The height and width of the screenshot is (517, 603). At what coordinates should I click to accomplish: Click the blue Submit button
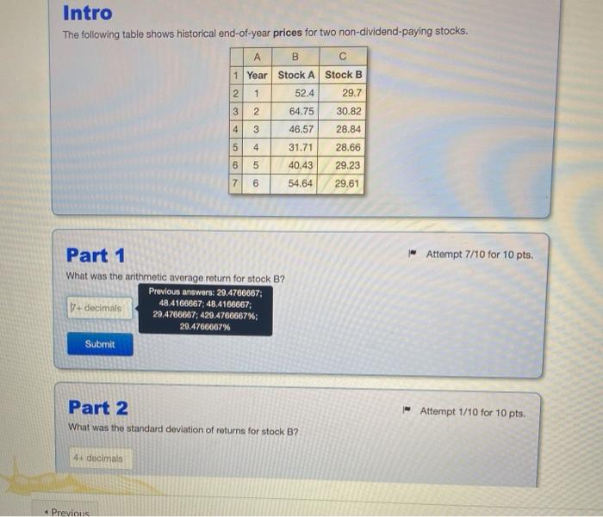point(100,344)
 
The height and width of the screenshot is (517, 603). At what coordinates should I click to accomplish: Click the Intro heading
point(88,13)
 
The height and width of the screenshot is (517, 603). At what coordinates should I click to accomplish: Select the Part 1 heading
point(96,255)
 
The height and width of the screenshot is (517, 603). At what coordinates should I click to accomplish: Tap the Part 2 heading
point(98,408)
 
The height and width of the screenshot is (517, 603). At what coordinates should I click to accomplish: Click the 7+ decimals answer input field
point(99,308)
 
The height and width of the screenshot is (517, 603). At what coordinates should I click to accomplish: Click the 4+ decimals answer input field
point(101,459)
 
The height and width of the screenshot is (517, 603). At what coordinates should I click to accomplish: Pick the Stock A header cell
point(295,75)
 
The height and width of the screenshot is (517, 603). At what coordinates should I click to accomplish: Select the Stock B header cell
point(343,75)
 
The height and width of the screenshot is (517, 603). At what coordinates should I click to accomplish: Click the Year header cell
point(257,76)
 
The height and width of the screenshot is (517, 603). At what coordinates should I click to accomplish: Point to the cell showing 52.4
point(295,93)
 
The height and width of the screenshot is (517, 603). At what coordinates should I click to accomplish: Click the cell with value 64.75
point(295,111)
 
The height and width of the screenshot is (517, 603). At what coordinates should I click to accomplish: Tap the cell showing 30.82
point(342,111)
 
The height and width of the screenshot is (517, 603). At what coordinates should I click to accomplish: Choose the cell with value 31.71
point(295,147)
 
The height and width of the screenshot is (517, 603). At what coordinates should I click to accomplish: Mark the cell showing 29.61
point(340,183)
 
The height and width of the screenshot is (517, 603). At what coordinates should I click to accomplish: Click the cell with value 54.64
point(294,183)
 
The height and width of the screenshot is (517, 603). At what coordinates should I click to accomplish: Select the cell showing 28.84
point(342,129)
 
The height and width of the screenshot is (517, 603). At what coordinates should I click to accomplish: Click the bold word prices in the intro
point(288,33)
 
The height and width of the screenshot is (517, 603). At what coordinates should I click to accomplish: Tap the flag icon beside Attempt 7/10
point(413,253)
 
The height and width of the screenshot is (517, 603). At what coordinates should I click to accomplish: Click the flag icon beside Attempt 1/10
point(407,409)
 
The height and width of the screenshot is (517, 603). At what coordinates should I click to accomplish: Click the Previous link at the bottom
point(67,513)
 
